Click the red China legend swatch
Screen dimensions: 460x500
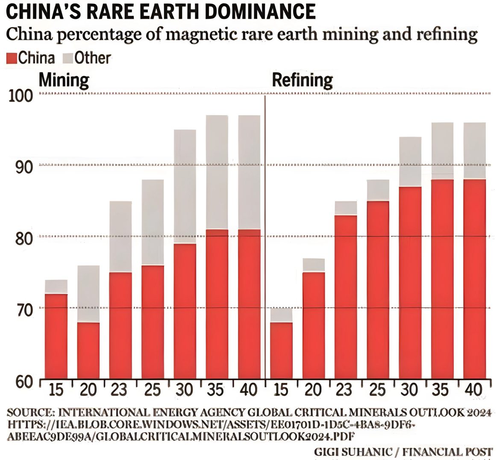pyautogui.click(x=12, y=58)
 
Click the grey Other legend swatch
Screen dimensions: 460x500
pyautogui.click(x=68, y=58)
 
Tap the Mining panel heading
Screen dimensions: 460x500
pyautogui.click(x=64, y=80)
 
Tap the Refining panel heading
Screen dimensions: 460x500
pyautogui.click(x=302, y=80)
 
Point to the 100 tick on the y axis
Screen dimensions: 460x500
pyautogui.click(x=21, y=96)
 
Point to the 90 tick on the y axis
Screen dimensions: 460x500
pyautogui.click(x=22, y=167)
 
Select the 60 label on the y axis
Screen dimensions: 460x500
pyautogui.click(x=22, y=381)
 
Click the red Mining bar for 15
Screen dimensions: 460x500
pyautogui.click(x=56, y=336)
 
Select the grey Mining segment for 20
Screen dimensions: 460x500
pyautogui.click(x=88, y=294)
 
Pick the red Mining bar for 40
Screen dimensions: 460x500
pyautogui.click(x=249, y=304)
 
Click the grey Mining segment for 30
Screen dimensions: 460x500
pyautogui.click(x=185, y=186)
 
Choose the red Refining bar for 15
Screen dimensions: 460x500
pyautogui.click(x=282, y=351)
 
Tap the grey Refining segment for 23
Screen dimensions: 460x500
pyautogui.click(x=346, y=208)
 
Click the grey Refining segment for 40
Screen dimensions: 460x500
pyautogui.click(x=474, y=150)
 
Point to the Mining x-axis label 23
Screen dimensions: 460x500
pyautogui.click(x=120, y=390)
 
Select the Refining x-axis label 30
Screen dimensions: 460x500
pyautogui.click(x=410, y=390)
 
